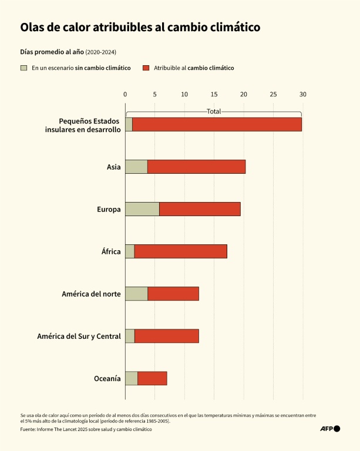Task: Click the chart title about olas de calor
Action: (x=140, y=27)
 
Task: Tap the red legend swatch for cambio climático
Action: (x=146, y=68)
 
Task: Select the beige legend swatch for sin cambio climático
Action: (x=24, y=68)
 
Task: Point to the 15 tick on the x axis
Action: (x=214, y=94)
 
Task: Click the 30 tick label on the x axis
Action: (x=302, y=94)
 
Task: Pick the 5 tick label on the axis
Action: (x=154, y=94)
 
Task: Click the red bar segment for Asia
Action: (x=196, y=167)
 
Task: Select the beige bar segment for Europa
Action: (x=142, y=209)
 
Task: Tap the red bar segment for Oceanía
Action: (x=152, y=378)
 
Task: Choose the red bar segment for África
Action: (x=180, y=251)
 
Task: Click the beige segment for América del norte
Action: (x=136, y=294)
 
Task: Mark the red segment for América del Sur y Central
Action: (x=166, y=336)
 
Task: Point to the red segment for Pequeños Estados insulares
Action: (x=217, y=124)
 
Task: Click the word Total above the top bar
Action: (x=214, y=111)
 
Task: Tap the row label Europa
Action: (x=109, y=209)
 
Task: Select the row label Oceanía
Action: (x=107, y=378)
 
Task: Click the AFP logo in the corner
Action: (x=329, y=429)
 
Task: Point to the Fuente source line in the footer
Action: (x=86, y=429)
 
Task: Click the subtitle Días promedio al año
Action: (x=52, y=52)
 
